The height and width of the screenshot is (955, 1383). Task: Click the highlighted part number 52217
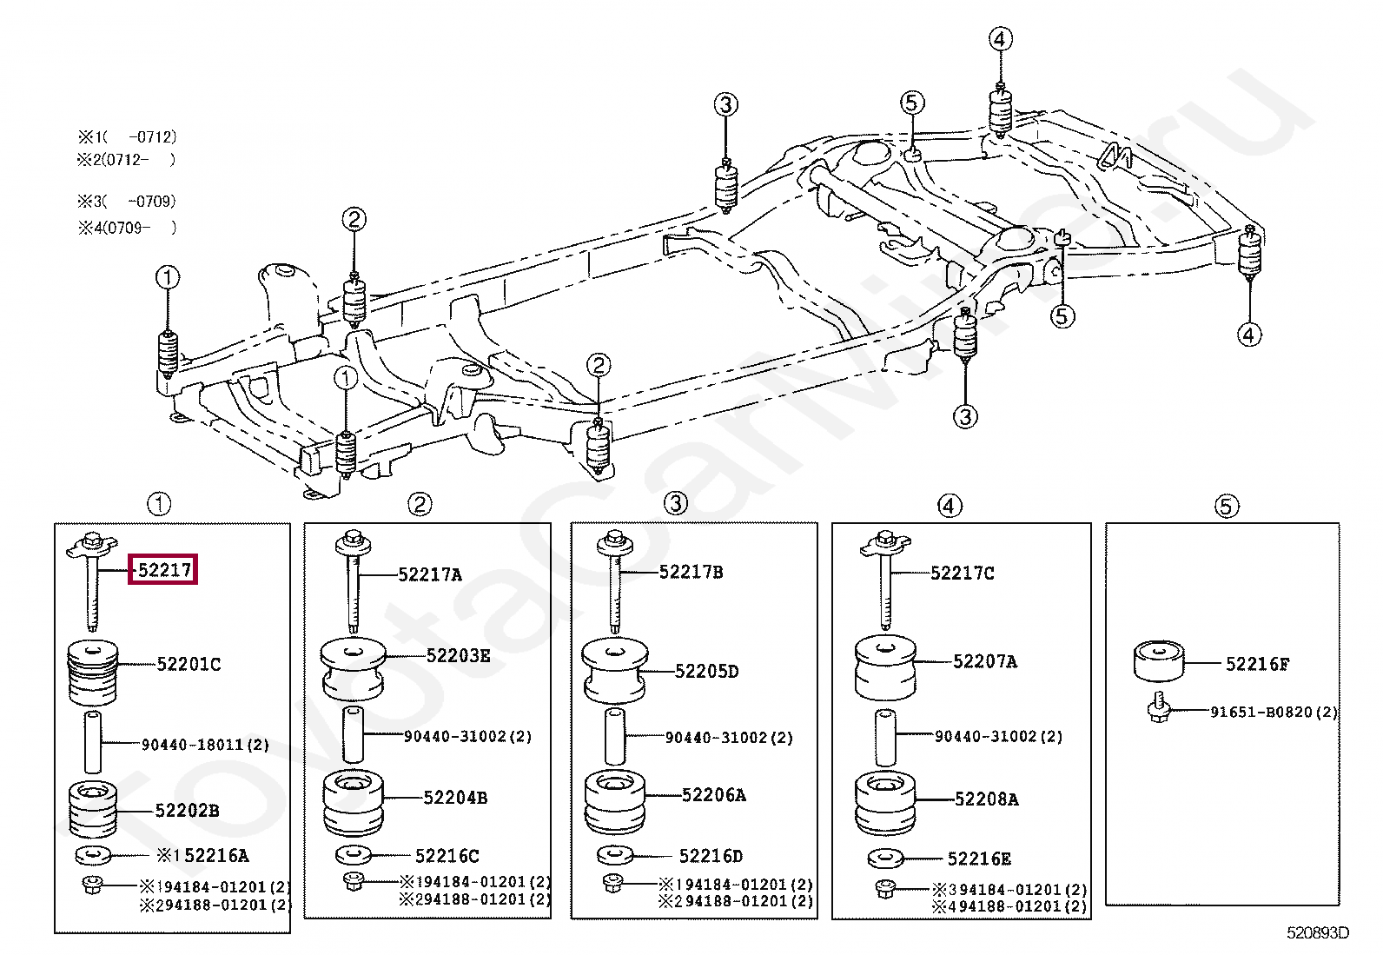[x=164, y=569]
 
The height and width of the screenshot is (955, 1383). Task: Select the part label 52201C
[x=189, y=664]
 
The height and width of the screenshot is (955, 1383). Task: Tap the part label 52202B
[x=187, y=811]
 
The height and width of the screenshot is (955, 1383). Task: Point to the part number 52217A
[x=430, y=575]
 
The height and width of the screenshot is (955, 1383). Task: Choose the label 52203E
[x=458, y=656]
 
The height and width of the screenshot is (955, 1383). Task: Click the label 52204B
[x=456, y=798]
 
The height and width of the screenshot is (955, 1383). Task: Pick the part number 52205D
[x=706, y=672]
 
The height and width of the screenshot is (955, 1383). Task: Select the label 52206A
[x=714, y=795]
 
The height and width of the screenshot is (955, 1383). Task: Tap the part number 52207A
[x=985, y=661]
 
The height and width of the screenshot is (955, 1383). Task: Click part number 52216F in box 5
[x=1257, y=664]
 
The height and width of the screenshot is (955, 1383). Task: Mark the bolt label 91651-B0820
[x=1261, y=713]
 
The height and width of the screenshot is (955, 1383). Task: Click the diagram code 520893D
[x=1318, y=932]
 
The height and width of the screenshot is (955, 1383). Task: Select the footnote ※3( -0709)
[x=127, y=202]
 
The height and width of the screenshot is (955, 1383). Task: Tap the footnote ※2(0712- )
[x=127, y=160]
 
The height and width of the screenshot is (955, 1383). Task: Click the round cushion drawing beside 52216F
[x=1159, y=661]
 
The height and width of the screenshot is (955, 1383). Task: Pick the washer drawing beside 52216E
[x=885, y=859]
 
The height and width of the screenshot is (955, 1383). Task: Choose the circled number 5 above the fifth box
[x=1226, y=507]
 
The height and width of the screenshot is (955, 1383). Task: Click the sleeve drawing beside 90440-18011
[x=93, y=742]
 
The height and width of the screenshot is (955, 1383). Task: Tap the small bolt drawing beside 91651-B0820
[x=1159, y=708]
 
